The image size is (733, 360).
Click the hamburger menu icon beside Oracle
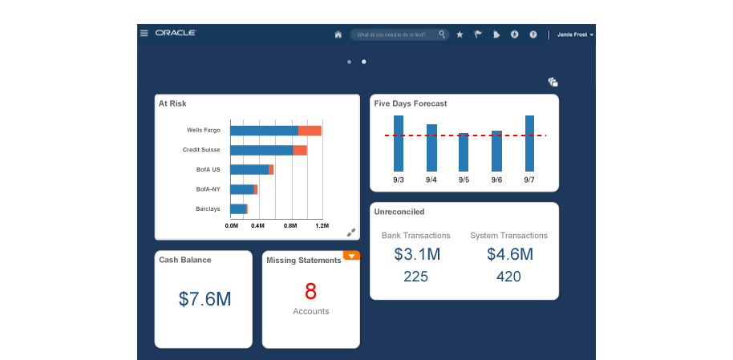pos(144,34)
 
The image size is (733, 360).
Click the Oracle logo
pos(176,34)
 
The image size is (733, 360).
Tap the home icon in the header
pos(338,34)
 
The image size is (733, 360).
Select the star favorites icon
pos(460,34)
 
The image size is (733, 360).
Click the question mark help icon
pos(533,34)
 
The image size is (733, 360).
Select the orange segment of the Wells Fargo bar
pos(310,130)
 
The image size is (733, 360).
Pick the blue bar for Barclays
pos(238,209)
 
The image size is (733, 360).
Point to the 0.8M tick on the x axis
pos(290,227)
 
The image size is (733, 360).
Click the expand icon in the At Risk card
pos(350,233)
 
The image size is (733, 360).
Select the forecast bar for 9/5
pos(464,152)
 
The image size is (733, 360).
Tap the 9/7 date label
pos(529,180)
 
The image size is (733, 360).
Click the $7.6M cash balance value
pos(205,299)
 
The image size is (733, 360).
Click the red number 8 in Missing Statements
pos(310,290)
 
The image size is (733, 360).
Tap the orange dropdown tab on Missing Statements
pos(351,256)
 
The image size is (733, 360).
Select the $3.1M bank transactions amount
pos(415,255)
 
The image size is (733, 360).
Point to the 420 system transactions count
pos(508,277)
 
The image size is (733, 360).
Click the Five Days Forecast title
pos(411,103)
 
